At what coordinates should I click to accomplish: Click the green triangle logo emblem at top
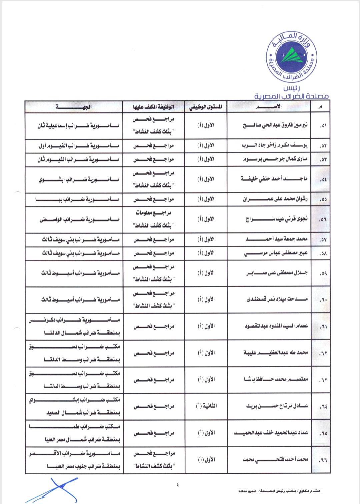291,55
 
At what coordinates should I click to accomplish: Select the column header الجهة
74,107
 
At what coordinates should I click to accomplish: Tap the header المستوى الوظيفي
206,107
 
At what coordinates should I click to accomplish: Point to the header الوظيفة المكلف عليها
154,107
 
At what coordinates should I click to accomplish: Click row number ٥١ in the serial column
323,126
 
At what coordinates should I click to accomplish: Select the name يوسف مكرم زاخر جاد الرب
275,146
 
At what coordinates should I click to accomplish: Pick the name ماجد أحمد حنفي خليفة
274,179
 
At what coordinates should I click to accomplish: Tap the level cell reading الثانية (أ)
206,406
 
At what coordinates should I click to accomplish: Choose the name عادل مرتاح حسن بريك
277,406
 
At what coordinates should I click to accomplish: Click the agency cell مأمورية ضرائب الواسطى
79,219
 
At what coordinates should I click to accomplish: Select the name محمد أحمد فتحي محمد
275,460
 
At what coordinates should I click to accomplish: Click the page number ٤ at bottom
178,485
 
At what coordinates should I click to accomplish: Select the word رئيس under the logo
291,88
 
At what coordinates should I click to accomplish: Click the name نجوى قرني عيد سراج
277,219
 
